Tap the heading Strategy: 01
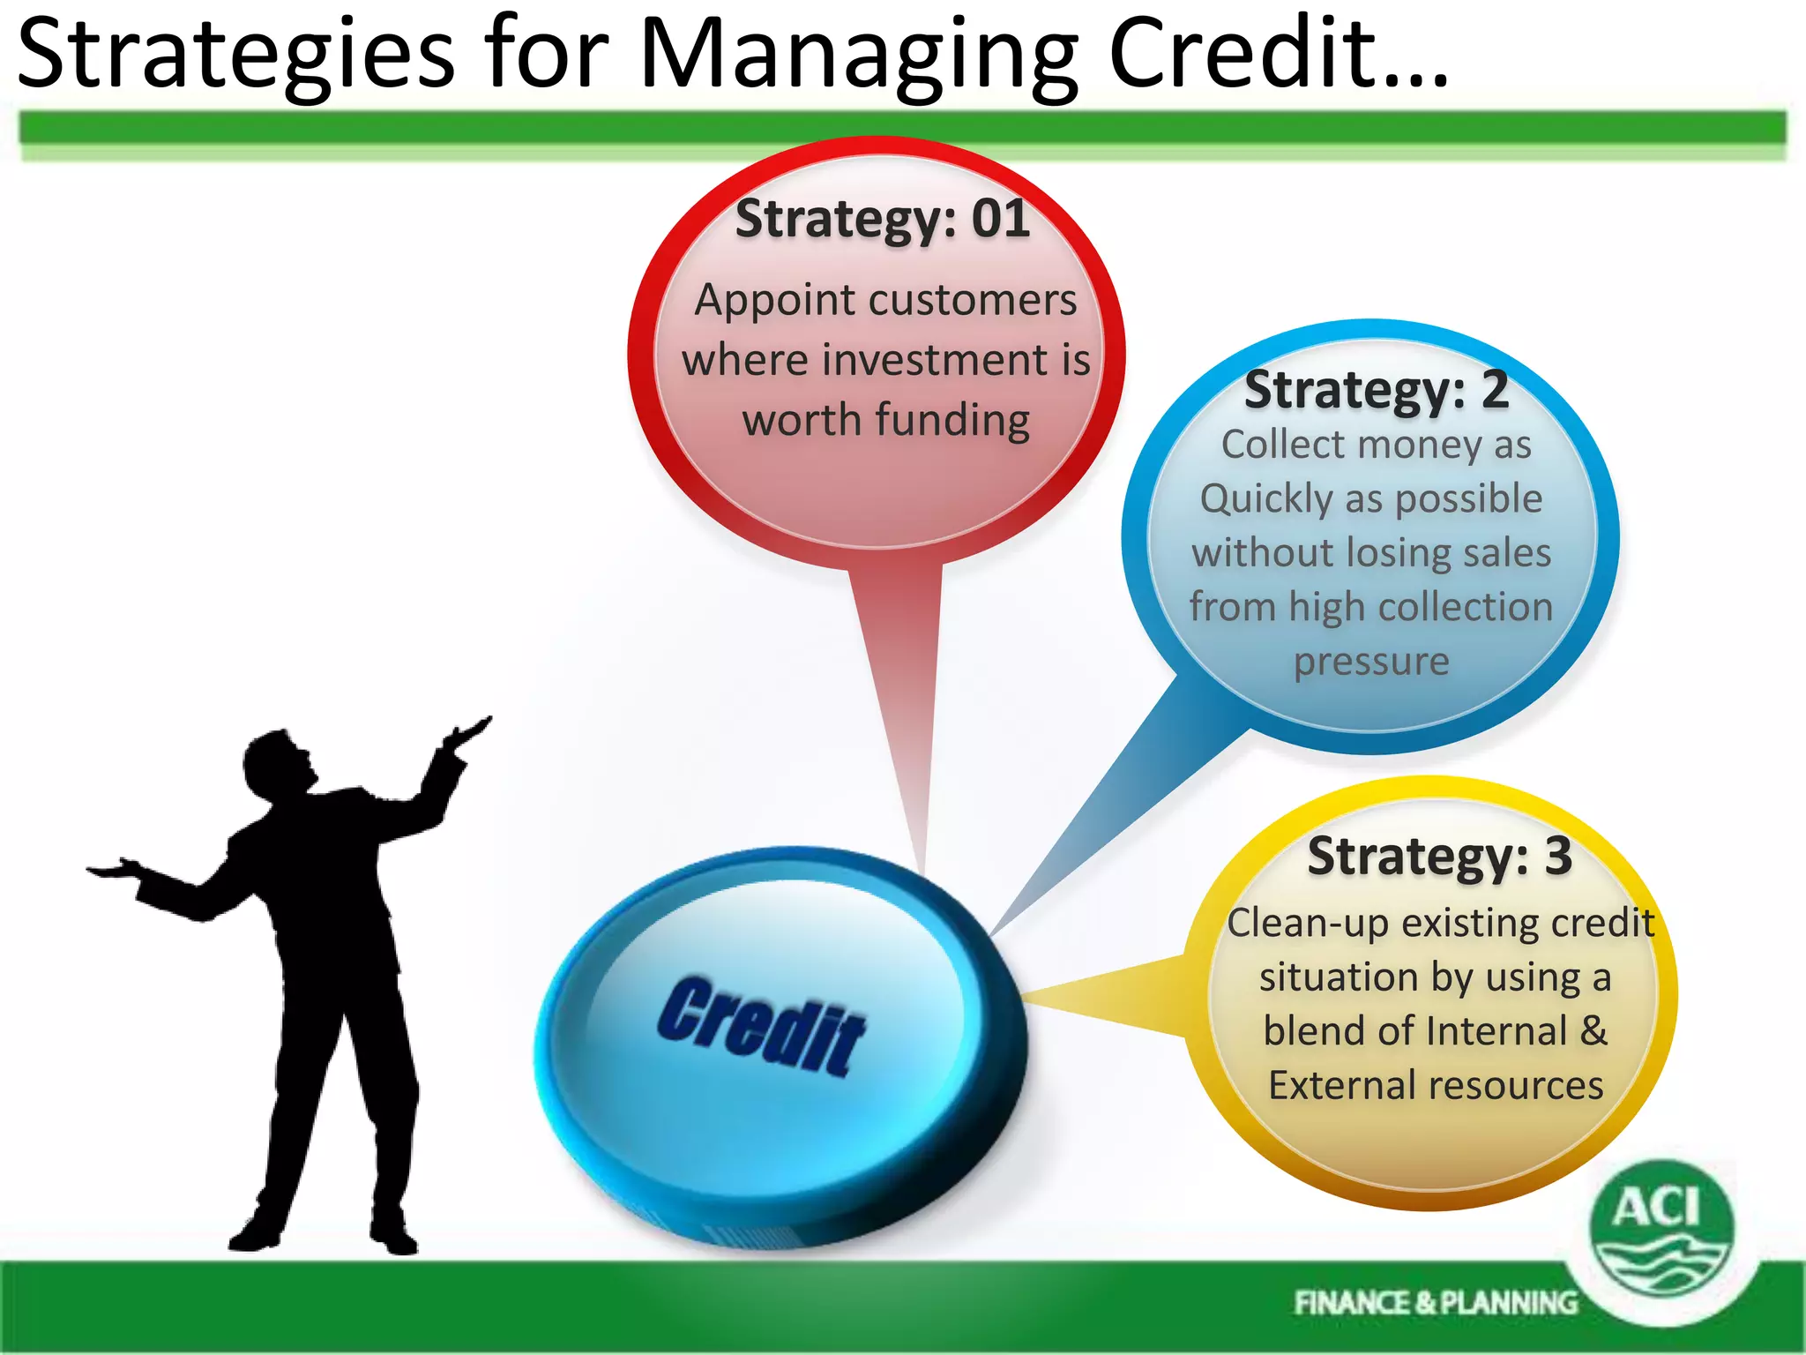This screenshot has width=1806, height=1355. coord(883,219)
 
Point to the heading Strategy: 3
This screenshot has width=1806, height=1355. coord(1439,856)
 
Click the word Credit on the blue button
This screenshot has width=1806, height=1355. coord(761,1025)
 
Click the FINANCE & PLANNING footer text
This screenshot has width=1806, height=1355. coord(1435,1303)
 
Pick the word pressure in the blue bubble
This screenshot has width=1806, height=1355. coord(1371,662)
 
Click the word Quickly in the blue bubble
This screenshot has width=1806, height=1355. coord(1266,499)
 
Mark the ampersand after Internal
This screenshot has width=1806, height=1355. coord(1593,1030)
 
